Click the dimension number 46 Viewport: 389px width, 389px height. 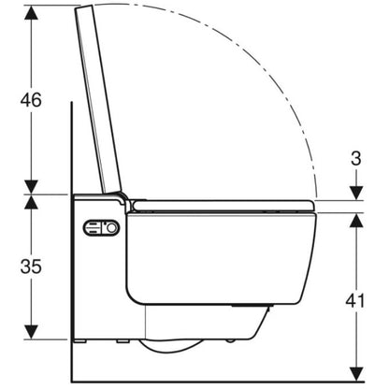[x=31, y=100]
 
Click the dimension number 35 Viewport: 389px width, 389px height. [x=31, y=267]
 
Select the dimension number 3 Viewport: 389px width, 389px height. [x=356, y=158]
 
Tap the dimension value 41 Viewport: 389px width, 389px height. [x=355, y=301]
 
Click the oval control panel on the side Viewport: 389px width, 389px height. [x=101, y=228]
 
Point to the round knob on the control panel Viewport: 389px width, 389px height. [x=111, y=228]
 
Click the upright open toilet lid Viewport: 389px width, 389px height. [x=97, y=99]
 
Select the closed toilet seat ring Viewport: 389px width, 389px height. [x=223, y=206]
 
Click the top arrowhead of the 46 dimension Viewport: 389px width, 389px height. [x=31, y=12]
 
